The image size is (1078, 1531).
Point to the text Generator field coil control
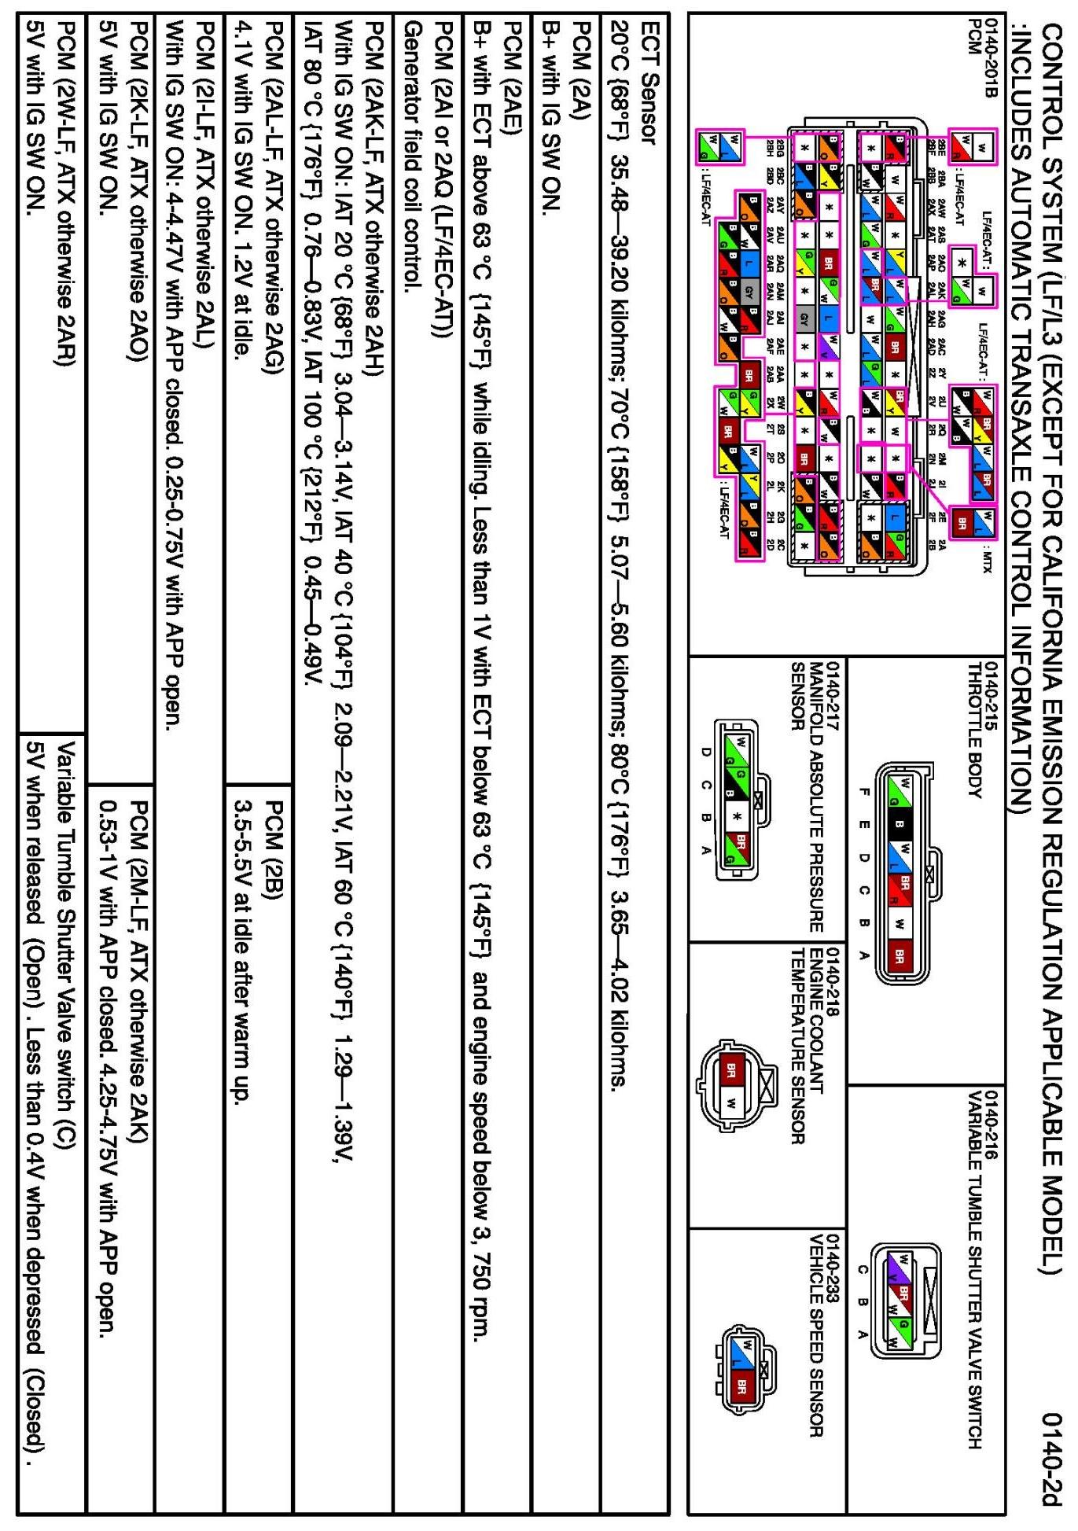410,156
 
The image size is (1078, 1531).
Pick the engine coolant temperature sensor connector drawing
731,1085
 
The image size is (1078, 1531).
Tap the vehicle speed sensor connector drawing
743,1371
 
